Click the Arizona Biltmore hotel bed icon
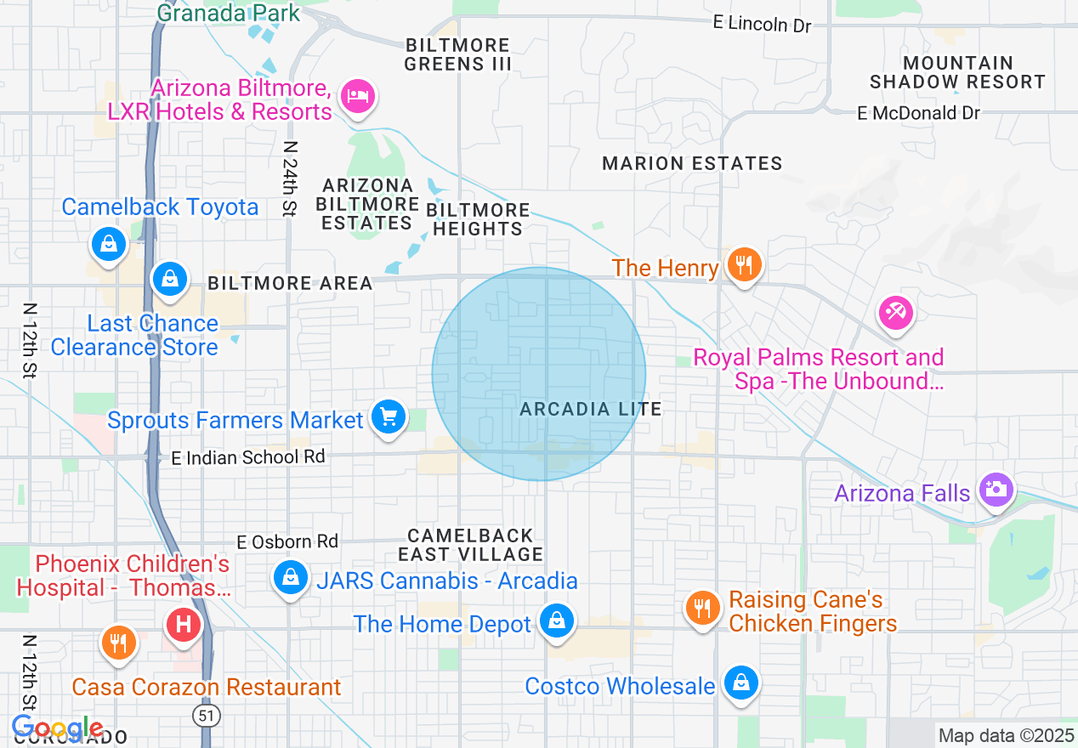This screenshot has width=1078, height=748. point(358,95)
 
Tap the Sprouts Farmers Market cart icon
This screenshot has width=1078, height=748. point(389,417)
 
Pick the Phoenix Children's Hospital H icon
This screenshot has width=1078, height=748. point(184,626)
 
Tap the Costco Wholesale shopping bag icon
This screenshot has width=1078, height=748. point(741,682)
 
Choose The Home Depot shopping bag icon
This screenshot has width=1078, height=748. point(557,620)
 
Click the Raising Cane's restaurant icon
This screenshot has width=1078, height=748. point(702,608)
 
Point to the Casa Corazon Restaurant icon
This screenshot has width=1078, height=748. point(118,643)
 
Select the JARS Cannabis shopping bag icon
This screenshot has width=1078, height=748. point(291,577)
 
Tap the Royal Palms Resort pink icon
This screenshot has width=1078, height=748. point(895,312)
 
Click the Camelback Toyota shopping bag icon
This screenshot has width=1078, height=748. point(109,244)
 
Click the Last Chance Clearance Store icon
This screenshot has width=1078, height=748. point(170,277)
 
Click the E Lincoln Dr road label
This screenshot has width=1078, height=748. point(763,24)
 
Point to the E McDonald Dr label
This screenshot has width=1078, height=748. point(918,112)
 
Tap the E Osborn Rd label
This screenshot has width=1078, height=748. point(287,541)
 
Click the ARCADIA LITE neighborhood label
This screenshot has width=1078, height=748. point(591,409)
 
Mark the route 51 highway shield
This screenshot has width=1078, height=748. point(206,716)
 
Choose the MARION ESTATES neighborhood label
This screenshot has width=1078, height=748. point(692,163)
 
